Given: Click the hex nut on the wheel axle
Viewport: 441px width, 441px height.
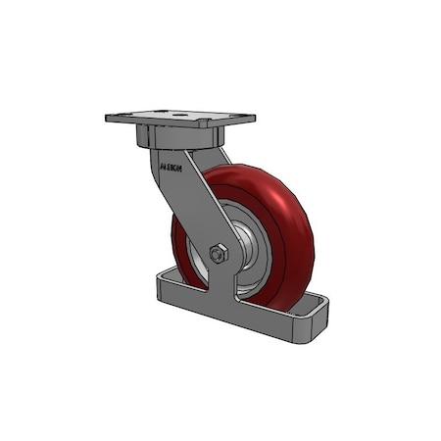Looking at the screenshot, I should [x=219, y=253].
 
